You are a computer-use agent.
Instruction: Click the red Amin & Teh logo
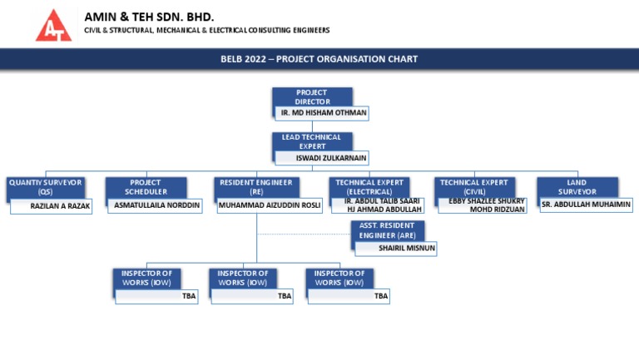coord(53,24)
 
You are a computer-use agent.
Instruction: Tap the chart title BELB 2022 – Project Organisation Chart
coord(319,59)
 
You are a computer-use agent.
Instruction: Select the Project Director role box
coord(312,97)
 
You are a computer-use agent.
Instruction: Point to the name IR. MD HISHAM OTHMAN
coord(324,112)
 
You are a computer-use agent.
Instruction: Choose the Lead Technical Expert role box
coord(312,141)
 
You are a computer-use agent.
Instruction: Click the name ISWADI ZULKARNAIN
coord(331,157)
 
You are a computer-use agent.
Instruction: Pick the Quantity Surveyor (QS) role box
coord(45,187)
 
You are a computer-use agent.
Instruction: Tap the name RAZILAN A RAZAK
coord(59,205)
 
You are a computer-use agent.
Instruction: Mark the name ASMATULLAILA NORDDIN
coord(157,205)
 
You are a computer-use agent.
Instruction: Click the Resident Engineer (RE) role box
coord(255,187)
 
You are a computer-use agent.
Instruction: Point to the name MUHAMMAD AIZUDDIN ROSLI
coord(270,205)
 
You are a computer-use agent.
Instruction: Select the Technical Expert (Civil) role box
coord(473,187)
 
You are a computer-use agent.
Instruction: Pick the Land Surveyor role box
coord(577,187)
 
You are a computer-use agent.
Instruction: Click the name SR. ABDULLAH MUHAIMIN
coord(586,205)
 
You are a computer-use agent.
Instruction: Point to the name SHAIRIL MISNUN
coord(406,248)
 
